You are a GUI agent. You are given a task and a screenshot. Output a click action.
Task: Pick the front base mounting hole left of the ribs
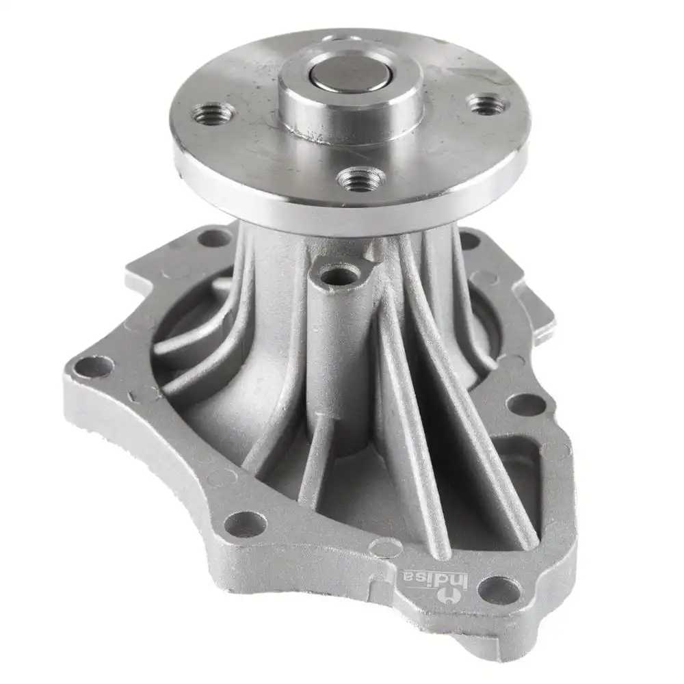point(244,523)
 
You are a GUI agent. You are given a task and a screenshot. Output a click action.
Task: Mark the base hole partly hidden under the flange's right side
point(469,239)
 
